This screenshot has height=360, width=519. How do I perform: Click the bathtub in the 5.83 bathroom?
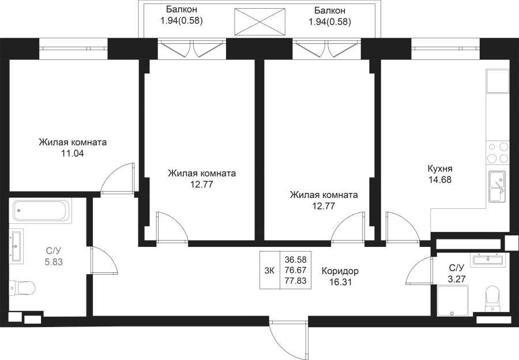point(42,211)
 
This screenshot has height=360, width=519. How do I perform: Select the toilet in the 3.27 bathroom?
point(492,299)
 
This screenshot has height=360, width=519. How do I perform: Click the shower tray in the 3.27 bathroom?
point(453,301)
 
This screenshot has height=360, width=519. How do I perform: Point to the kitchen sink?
point(497,186)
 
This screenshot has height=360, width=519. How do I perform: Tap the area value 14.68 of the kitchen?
point(439,180)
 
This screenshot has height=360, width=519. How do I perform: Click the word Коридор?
point(340,271)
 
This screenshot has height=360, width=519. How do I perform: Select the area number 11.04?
point(73,153)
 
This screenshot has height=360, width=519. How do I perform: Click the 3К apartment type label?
point(270,271)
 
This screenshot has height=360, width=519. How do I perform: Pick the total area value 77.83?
point(296,281)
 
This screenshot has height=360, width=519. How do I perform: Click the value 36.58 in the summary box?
point(296,259)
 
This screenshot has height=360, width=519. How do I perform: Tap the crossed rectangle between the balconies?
point(260,21)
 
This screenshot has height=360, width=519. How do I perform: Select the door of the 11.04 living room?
point(118,178)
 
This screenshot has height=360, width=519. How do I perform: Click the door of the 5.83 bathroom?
point(104,260)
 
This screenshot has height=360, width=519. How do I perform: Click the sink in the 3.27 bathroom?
point(488,259)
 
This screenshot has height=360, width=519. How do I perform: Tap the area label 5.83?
point(54,262)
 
